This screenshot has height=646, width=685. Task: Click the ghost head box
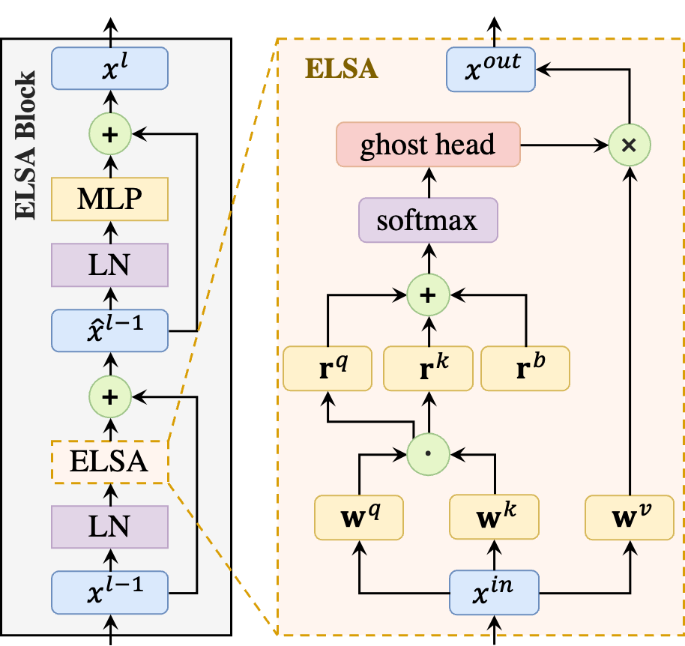point(428,144)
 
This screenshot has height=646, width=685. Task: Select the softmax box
point(428,220)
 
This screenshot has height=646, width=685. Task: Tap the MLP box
point(109,199)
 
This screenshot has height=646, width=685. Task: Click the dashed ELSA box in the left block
point(109,461)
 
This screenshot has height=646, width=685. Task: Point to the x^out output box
point(491,69)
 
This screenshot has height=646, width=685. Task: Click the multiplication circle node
point(630,145)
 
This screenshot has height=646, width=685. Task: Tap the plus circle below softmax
point(428,295)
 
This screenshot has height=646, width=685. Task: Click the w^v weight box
point(630,517)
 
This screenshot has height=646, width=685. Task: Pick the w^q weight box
point(360,517)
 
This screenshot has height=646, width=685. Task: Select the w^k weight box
point(494,517)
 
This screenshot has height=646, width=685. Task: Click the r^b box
point(525,368)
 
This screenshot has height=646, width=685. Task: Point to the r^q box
point(328,368)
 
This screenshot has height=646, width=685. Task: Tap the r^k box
point(427,368)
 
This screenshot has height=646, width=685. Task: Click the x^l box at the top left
point(109,67)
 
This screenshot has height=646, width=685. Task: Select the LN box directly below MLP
point(109,265)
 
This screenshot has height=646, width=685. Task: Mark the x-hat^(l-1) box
point(109,330)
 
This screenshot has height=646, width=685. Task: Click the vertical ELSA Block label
point(26,146)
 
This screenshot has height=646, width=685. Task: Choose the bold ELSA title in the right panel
point(341,70)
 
